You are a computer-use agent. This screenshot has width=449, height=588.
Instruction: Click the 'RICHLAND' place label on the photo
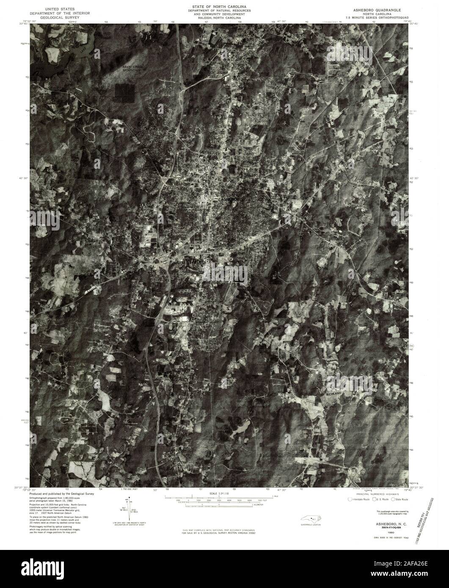(x=333, y=393)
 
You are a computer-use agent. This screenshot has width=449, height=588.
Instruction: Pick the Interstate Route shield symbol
(x=350, y=500)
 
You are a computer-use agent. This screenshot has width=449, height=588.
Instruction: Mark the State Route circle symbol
(x=394, y=500)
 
